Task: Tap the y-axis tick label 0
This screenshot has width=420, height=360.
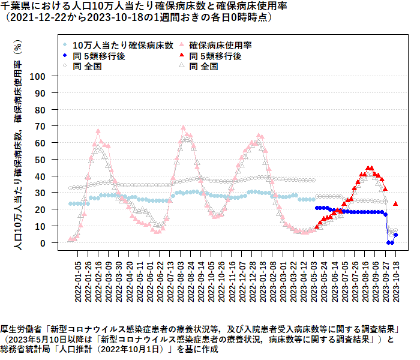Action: [x=43, y=243]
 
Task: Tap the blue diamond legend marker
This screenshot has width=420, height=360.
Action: [x=65, y=56]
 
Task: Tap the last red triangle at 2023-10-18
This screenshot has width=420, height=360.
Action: [x=395, y=204]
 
